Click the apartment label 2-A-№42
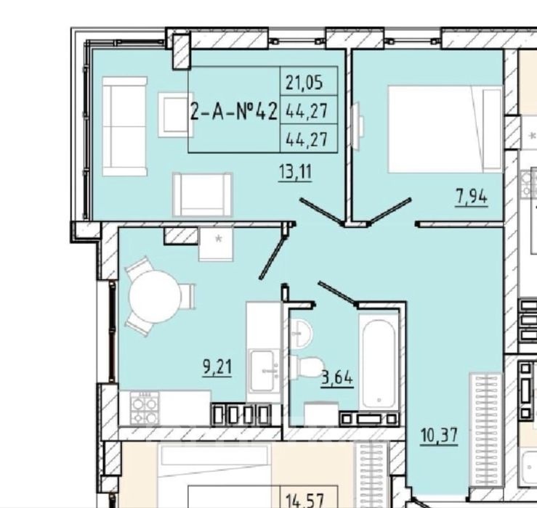(233, 112)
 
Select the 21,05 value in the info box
(304, 83)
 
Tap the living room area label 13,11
(295, 172)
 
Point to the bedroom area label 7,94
(472, 197)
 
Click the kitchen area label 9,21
(217, 367)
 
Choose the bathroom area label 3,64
(337, 378)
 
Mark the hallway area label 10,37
(439, 436)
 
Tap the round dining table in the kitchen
(155, 297)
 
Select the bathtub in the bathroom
(379, 362)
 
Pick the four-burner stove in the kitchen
(145, 408)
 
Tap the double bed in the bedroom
(445, 129)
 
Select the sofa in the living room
(125, 126)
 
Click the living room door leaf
(322, 212)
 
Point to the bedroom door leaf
(389, 211)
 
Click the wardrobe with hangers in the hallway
(485, 430)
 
